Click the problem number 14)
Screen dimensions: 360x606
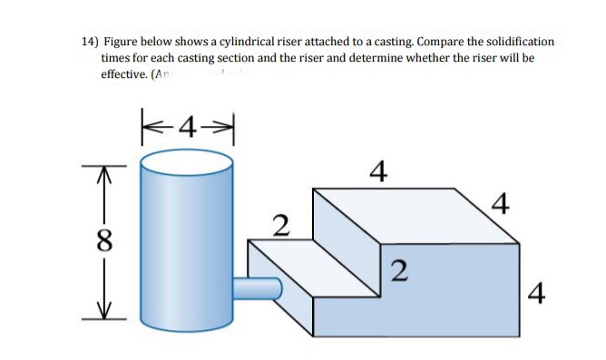pyautogui.click(x=89, y=42)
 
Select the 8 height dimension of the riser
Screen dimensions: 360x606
pyautogui.click(x=106, y=241)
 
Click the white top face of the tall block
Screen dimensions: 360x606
pyautogui.click(x=416, y=214)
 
